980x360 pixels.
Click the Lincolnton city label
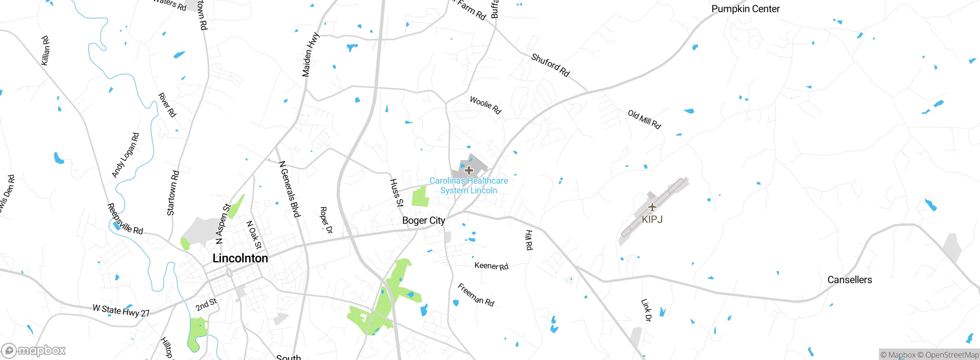tap(240, 258)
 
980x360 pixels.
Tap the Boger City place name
tap(423, 221)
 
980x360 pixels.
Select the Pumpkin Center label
tap(745, 9)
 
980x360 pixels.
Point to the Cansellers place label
tap(849, 280)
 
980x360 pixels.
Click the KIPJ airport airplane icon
tap(652, 207)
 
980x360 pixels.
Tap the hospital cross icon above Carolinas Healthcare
tap(469, 170)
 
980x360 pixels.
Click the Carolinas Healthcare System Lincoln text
tap(469, 185)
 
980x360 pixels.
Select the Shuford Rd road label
tap(550, 65)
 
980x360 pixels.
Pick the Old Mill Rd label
tap(644, 119)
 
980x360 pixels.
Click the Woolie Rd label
tap(485, 105)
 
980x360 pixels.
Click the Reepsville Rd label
tap(124, 220)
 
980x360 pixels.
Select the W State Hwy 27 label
tap(121, 311)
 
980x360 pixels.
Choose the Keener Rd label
tap(491, 266)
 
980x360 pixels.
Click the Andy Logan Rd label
tap(125, 155)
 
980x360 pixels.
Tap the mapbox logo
tap(34, 350)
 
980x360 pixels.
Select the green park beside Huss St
tap(420, 197)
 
